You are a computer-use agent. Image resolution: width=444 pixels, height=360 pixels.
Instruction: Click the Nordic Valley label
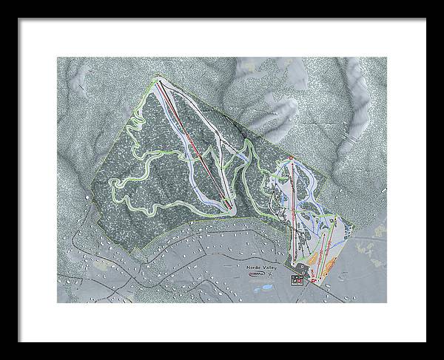pyautogui.click(x=258, y=268)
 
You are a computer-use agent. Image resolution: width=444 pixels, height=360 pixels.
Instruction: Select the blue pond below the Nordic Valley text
pyautogui.click(x=267, y=287)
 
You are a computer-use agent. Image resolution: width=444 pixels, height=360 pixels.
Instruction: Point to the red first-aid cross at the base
pyautogui.click(x=314, y=280)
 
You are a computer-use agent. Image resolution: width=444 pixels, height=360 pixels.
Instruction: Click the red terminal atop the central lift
pyautogui.click(x=292, y=158)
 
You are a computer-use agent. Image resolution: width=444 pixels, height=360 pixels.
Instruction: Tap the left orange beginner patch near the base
pyautogui.click(x=314, y=257)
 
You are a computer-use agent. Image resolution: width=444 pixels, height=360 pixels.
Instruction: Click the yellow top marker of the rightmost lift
pyautogui.click(x=336, y=218)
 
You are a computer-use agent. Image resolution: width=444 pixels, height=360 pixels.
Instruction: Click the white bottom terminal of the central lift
pyautogui.click(x=292, y=264)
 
